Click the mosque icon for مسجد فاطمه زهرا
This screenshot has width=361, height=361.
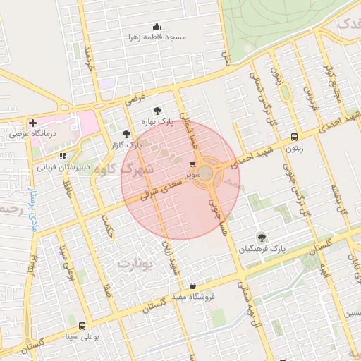156,27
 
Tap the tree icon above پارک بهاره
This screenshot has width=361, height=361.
157,111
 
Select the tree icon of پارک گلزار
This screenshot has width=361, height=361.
126,133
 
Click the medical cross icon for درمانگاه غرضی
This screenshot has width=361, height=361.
32,123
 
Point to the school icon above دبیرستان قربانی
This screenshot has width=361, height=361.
63,156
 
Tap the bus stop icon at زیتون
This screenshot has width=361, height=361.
294,137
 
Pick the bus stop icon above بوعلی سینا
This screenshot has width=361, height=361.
82,326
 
